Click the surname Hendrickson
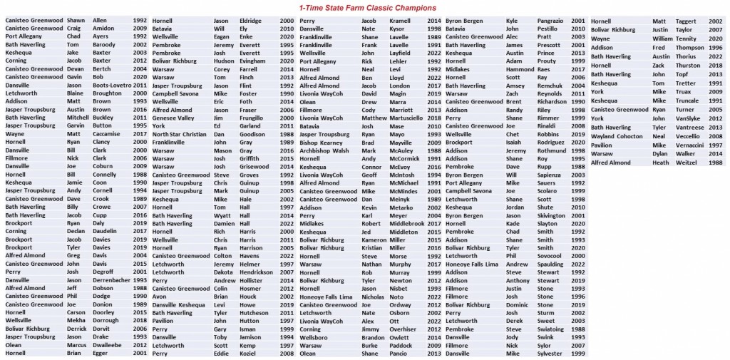(x=255, y=272)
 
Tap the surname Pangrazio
(x=542, y=21)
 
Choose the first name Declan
(x=75, y=231)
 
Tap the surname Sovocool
(x=540, y=255)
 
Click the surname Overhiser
(x=401, y=329)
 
